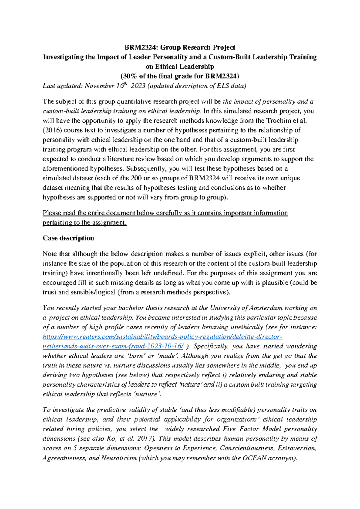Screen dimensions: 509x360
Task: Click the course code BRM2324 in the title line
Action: coord(139,47)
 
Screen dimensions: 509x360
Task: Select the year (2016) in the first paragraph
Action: coord(52,130)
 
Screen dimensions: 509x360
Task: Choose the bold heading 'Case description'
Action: coord(68,238)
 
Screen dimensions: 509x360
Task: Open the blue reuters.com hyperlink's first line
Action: coord(162,337)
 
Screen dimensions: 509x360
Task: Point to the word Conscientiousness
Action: coord(247,448)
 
